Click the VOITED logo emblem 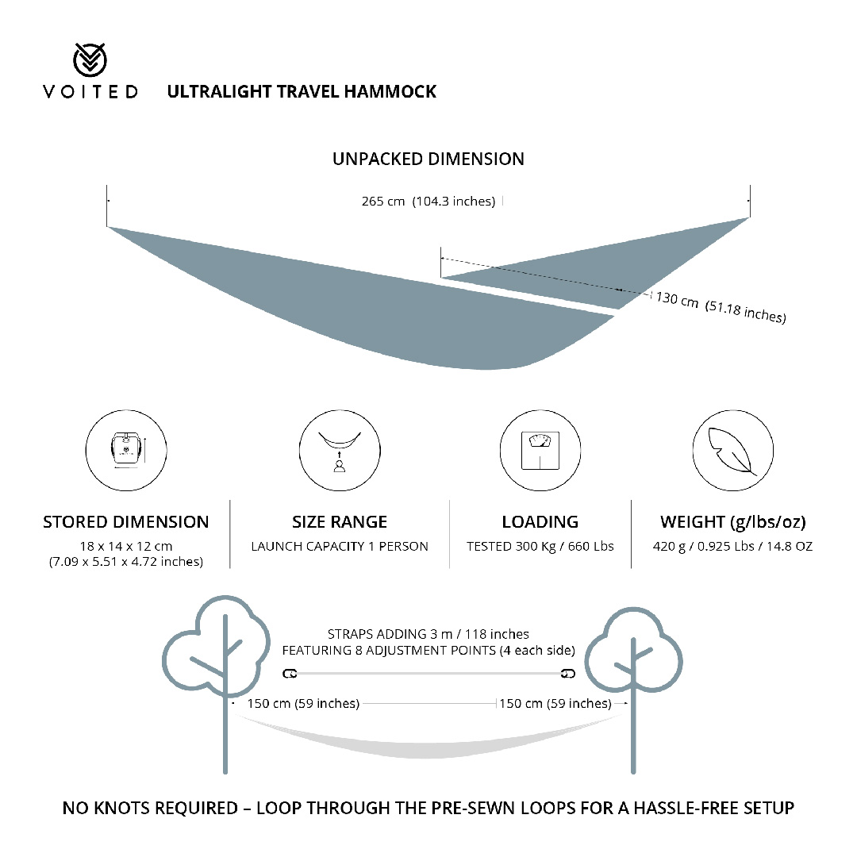click(x=90, y=59)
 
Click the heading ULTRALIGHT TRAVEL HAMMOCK click(x=302, y=91)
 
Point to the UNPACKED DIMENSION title click(x=428, y=159)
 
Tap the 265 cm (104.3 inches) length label click(x=428, y=201)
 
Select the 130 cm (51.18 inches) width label click(x=721, y=307)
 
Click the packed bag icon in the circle click(x=126, y=451)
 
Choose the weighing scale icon click(x=540, y=451)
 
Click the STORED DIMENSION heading click(x=125, y=522)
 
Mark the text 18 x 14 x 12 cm click(x=126, y=546)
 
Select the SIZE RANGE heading click(x=340, y=522)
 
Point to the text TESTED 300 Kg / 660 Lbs click(x=540, y=546)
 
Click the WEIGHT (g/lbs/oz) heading click(x=733, y=522)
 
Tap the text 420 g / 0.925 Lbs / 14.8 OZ click(x=732, y=546)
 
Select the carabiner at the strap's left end click(x=290, y=674)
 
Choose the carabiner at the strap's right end click(x=568, y=674)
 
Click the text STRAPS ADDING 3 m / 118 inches click(x=428, y=634)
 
